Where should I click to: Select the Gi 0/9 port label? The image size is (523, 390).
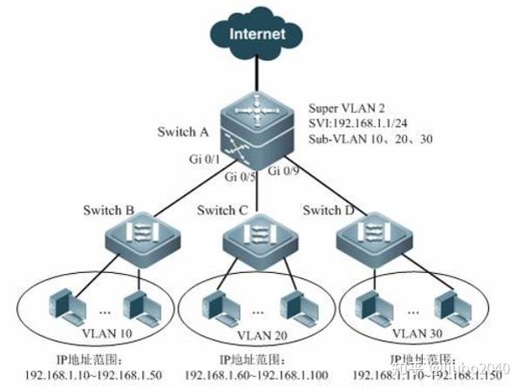[x=285, y=170]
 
